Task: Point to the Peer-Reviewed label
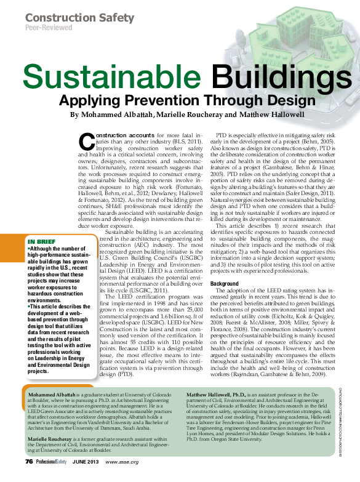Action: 47,28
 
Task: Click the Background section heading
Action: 225,284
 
